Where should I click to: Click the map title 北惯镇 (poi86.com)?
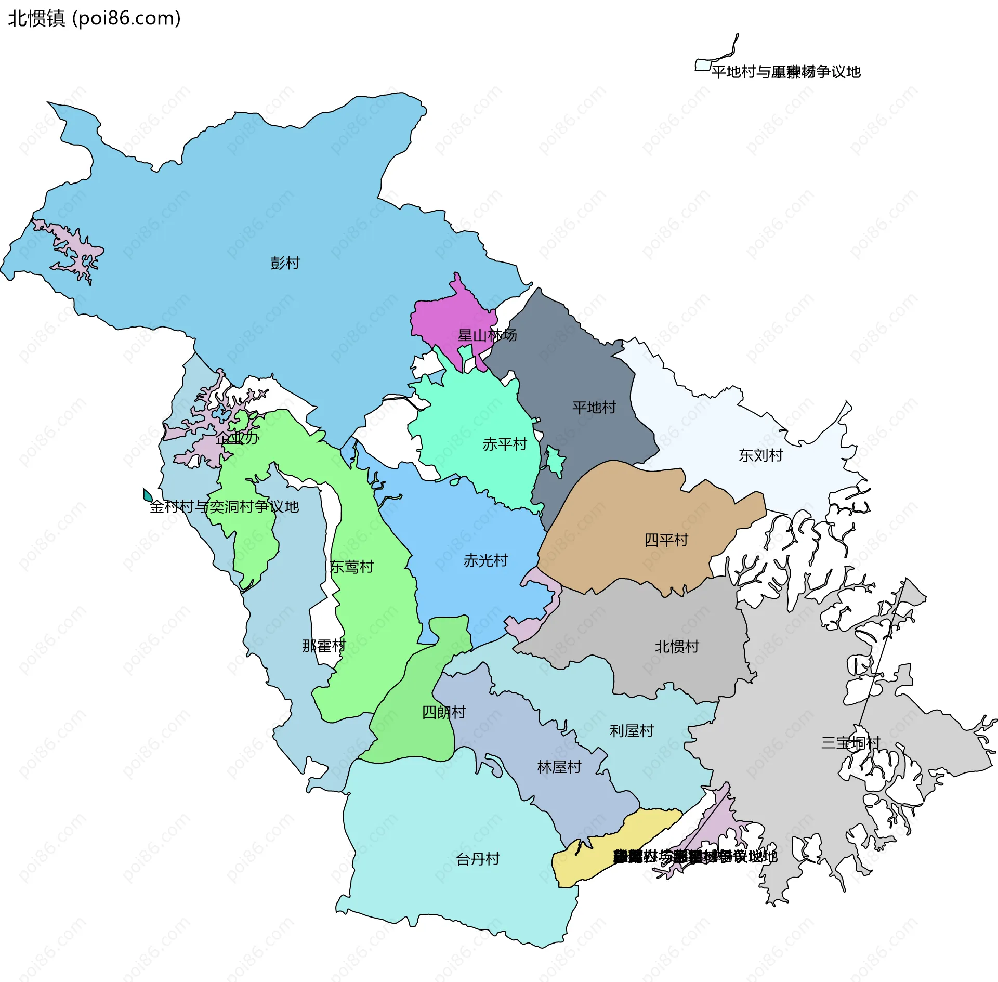click(x=94, y=18)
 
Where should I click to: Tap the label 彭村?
click(x=285, y=263)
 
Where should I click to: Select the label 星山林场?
click(x=487, y=335)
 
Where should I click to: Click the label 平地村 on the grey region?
click(x=594, y=407)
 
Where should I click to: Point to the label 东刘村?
click(x=760, y=455)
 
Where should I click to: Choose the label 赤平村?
click(x=504, y=444)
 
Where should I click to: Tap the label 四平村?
click(x=666, y=540)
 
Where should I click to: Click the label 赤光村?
click(x=485, y=560)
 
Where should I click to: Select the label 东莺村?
click(x=352, y=567)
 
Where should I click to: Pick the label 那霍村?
click(x=324, y=646)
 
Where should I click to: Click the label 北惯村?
click(x=676, y=647)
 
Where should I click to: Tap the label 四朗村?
click(x=444, y=712)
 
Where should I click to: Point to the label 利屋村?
click(x=632, y=731)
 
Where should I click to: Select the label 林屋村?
click(x=559, y=767)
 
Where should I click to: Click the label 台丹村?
click(x=478, y=859)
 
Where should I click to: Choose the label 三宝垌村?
click(x=850, y=742)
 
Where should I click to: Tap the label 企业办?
click(x=237, y=437)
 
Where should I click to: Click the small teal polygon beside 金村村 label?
click(x=148, y=495)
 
